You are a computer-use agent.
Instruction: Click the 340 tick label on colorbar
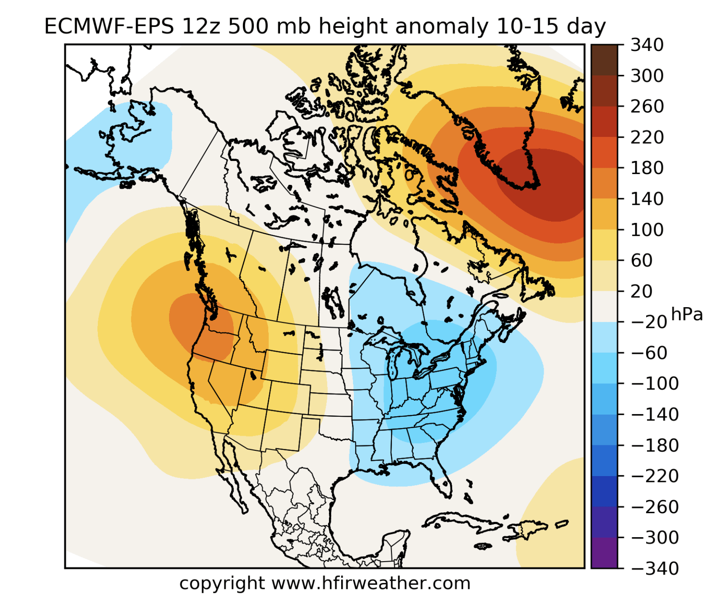(647, 45)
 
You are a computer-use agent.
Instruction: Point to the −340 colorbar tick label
(655, 569)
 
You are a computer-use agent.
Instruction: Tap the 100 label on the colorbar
(647, 230)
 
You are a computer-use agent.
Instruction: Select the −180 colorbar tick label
(655, 446)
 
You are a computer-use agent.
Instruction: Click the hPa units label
(687, 314)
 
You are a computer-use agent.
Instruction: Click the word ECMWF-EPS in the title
(109, 26)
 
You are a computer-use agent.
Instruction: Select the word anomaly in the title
(442, 26)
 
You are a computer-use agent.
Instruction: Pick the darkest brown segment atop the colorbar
(604, 60)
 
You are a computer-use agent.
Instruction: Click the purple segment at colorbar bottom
(604, 553)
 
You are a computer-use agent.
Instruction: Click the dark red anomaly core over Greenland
(548, 185)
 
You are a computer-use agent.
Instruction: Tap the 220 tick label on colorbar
(647, 137)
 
